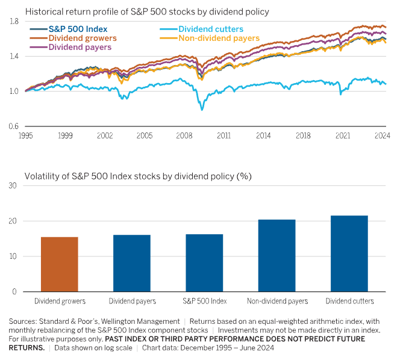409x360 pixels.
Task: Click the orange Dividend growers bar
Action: click(x=59, y=264)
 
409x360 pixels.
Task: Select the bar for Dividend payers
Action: click(x=132, y=263)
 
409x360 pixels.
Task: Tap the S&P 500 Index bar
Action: click(x=204, y=262)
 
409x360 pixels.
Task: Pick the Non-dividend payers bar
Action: click(x=277, y=255)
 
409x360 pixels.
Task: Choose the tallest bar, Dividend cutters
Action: click(x=349, y=253)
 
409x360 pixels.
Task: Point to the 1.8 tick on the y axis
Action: click(x=13, y=22)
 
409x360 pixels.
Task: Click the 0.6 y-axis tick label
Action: click(x=13, y=126)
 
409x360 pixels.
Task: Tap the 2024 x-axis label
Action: click(x=381, y=137)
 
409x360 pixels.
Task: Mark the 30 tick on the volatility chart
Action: click(x=12, y=185)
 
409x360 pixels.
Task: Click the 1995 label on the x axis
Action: click(x=25, y=137)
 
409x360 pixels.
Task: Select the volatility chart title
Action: click(x=138, y=176)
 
